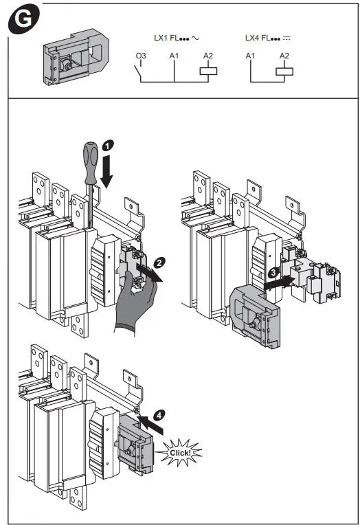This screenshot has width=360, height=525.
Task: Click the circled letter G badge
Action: pyautogui.click(x=23, y=20)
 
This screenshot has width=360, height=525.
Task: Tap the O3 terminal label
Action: pyautogui.click(x=140, y=56)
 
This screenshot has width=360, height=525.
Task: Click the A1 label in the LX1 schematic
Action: pyautogui.click(x=173, y=56)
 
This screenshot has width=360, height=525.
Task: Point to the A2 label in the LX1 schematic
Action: pyautogui.click(x=208, y=56)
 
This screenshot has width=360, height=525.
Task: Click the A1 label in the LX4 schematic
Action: pyautogui.click(x=250, y=56)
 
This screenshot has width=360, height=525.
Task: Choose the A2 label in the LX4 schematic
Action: pyautogui.click(x=284, y=56)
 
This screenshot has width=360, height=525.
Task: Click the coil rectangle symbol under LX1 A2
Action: pyautogui.click(x=207, y=71)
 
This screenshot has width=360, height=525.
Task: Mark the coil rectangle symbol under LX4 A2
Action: pyautogui.click(x=283, y=71)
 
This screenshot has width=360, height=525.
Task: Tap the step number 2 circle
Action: pyautogui.click(x=159, y=261)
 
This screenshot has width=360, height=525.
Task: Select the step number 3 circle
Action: pyautogui.click(x=273, y=273)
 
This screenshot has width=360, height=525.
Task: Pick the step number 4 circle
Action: pyautogui.click(x=159, y=415)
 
